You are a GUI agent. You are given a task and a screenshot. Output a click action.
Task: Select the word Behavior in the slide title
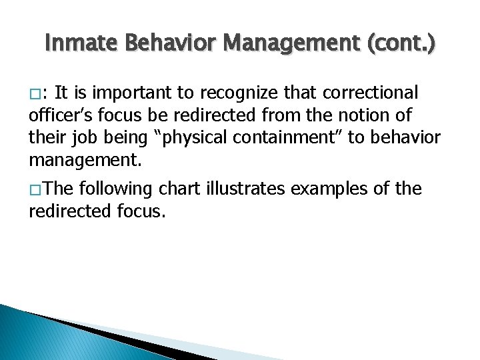coord(171,44)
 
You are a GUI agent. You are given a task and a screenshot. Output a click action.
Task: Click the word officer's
coord(63,114)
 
